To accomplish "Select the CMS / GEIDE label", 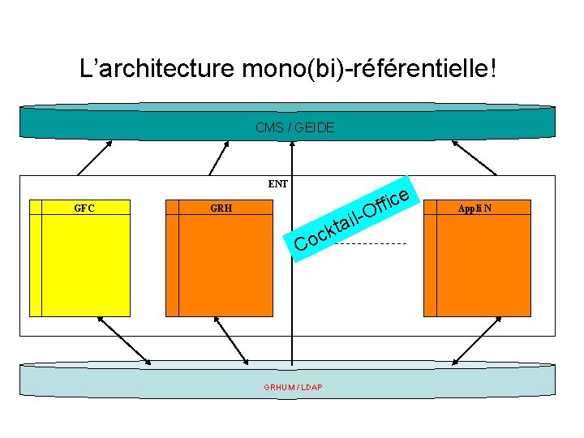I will (x=294, y=127).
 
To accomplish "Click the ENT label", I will (x=278, y=184).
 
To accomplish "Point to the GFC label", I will (x=84, y=208).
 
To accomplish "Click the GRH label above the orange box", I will (x=221, y=208).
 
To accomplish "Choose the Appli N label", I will (x=474, y=208).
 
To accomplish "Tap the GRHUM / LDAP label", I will (x=293, y=387).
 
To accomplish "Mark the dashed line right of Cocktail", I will (x=370, y=244).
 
